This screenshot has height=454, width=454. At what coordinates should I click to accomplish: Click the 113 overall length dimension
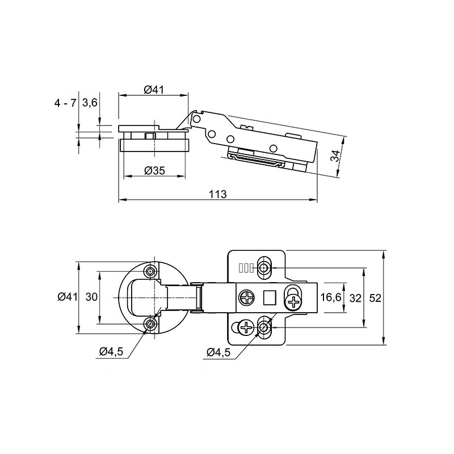pos(218,194)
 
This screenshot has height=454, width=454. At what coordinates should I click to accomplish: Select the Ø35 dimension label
pos(154,171)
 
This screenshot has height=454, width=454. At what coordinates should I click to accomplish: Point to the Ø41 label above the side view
pos(154,90)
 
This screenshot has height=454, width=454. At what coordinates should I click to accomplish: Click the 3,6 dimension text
pos(90,103)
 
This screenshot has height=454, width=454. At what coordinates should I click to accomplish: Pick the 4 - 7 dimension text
pos(65,103)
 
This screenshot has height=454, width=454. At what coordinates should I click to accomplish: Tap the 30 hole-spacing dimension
pos(91,297)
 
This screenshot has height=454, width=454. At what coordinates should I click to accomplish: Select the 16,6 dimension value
pos(331,297)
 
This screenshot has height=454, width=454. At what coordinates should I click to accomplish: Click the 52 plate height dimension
pos(375,298)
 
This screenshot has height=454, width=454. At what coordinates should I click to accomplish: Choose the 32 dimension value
pos(356,298)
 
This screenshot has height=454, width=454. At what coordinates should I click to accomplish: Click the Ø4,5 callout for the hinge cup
pos(111,351)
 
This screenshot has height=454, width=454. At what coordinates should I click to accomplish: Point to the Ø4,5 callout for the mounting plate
pos(218,352)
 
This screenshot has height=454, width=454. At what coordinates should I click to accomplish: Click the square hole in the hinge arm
pos(270,297)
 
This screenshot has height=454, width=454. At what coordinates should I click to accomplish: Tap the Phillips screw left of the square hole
pos(247,297)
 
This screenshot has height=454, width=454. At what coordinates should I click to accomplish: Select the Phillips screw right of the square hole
pos(293,302)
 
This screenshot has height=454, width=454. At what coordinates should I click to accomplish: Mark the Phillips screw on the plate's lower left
pos(246,328)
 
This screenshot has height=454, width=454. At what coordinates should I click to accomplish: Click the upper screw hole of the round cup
pos(150,271)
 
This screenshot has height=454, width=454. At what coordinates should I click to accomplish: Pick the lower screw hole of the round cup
pos(150,323)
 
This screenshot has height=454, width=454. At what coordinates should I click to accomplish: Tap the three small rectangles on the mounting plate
pos(246,268)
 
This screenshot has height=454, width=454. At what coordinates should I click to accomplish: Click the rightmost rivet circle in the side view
pos(273,149)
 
